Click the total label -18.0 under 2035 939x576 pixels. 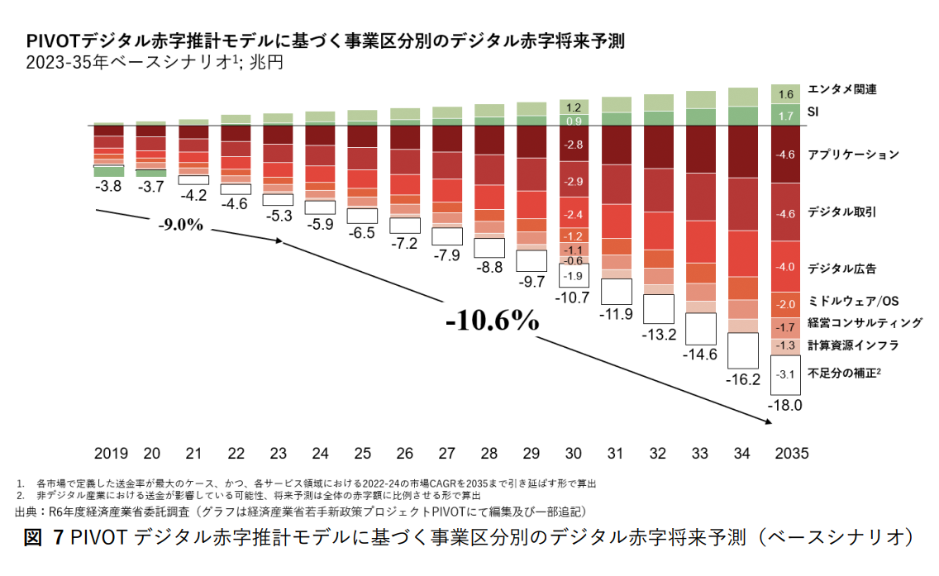786,407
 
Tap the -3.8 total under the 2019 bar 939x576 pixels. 109,187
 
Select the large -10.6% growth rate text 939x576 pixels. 492,321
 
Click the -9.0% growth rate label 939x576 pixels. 181,225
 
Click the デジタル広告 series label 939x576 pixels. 842,269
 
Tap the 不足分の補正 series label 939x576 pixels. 844,373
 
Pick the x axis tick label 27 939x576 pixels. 447,454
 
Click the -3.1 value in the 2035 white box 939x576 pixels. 786,374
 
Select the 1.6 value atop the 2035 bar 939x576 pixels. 786,94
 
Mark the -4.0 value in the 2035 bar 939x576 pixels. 786,267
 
